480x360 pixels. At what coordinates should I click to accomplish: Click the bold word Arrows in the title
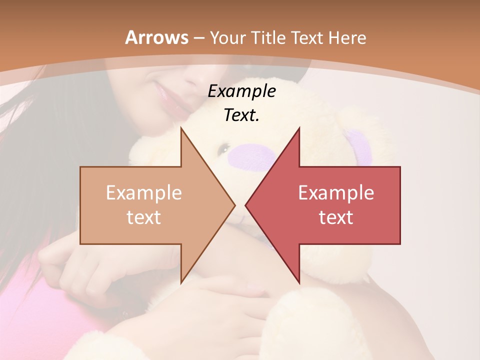[157, 37]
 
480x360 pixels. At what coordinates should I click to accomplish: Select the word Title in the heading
[268, 37]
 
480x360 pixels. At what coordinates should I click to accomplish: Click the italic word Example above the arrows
[241, 91]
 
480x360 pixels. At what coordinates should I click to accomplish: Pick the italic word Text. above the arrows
[241, 115]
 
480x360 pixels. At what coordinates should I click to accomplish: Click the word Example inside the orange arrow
[144, 192]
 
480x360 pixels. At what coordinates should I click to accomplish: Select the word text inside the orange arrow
[144, 217]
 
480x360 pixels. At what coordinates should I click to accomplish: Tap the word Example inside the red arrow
[336, 192]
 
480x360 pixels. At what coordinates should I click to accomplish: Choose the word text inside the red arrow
[336, 217]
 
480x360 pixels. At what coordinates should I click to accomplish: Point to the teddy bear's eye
[224, 148]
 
